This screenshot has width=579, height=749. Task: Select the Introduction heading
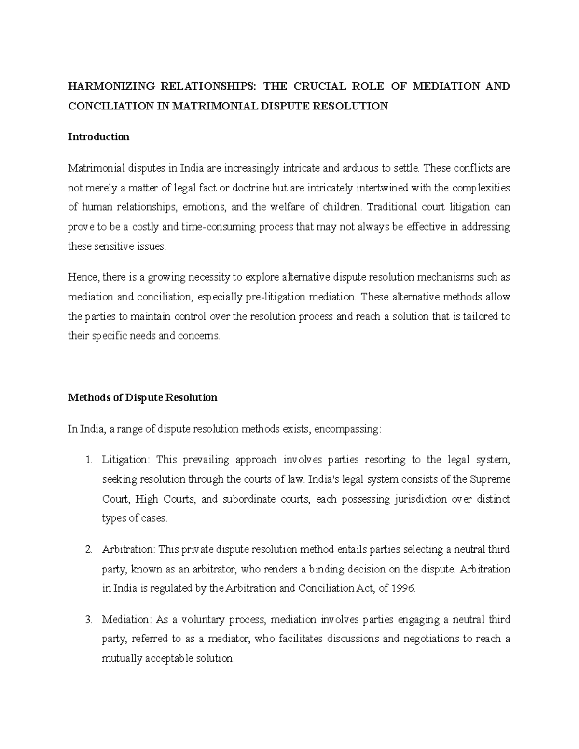(x=98, y=137)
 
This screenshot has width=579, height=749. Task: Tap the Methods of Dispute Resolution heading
(x=142, y=398)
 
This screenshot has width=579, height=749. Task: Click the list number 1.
(x=88, y=460)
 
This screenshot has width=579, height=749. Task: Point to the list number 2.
(x=88, y=550)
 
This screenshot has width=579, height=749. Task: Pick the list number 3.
(x=88, y=620)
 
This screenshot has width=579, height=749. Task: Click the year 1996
(x=404, y=589)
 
